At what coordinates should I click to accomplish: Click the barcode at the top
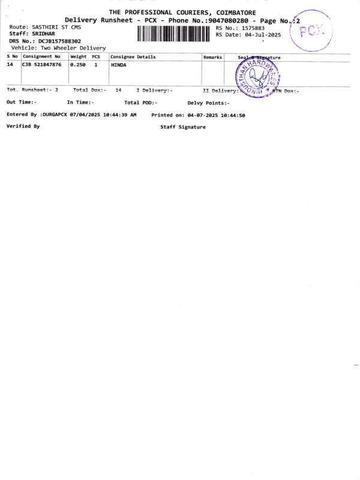(175, 34)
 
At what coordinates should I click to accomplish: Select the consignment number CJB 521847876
(42, 65)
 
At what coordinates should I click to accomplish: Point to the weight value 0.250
(79, 65)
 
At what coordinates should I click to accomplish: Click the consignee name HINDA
(119, 65)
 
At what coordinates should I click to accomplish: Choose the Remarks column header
(213, 57)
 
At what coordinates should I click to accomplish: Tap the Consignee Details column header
(133, 57)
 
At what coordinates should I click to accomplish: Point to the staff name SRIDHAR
(43, 34)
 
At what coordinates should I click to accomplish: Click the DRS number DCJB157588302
(59, 41)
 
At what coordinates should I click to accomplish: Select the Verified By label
(23, 126)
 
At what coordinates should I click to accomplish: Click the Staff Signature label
(183, 127)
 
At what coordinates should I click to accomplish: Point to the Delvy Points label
(208, 103)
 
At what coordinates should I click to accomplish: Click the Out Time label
(22, 103)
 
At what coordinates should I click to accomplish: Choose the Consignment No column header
(42, 57)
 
